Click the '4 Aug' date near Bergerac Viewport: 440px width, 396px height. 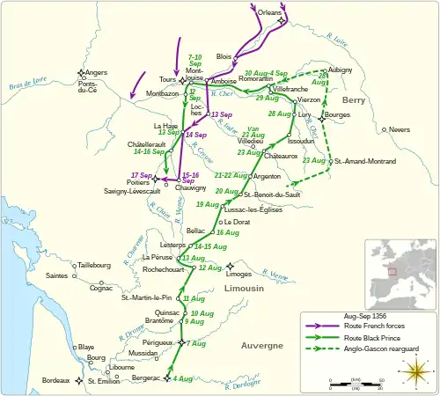(x=183, y=378)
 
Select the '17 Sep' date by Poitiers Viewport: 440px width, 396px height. (x=140, y=175)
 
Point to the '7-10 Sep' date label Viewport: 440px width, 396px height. (x=200, y=60)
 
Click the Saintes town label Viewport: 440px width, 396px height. (x=59, y=275)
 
